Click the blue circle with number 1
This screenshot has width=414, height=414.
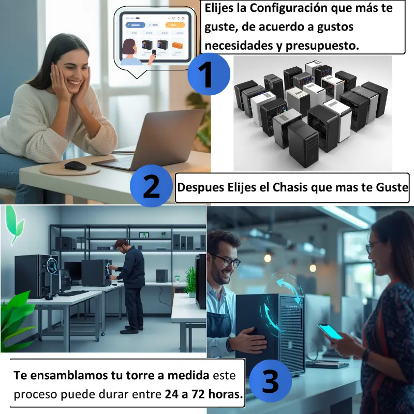(209, 74)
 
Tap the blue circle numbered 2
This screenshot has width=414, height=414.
(151, 186)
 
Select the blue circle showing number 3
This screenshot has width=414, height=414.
(270, 381)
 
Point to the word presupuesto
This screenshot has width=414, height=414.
(322, 46)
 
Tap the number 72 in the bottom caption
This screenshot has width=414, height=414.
(199, 394)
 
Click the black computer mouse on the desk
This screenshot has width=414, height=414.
(75, 166)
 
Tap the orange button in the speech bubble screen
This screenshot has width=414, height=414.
(175, 25)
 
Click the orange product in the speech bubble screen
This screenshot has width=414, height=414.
(178, 46)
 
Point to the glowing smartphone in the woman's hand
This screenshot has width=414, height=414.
(330, 332)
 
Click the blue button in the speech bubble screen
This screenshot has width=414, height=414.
(135, 25)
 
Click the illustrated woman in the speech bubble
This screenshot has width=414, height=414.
(131, 52)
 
